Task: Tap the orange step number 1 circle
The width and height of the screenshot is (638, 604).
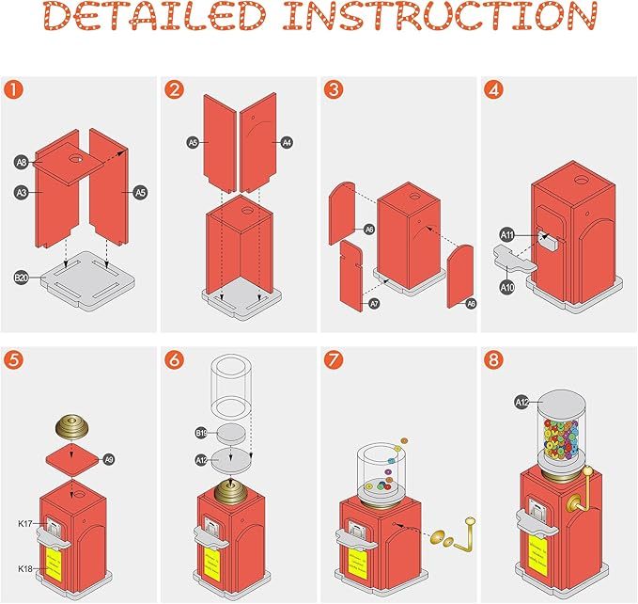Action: (x=14, y=91)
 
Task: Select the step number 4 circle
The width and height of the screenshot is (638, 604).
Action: (x=494, y=91)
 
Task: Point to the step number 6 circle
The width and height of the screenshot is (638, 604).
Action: (x=174, y=360)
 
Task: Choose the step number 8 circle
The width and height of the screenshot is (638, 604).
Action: (x=494, y=360)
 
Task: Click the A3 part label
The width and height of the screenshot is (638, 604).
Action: (x=21, y=191)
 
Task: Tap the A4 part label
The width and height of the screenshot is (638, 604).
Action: (x=288, y=142)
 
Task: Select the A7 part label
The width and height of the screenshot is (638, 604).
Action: (x=374, y=304)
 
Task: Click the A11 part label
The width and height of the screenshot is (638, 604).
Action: (x=507, y=235)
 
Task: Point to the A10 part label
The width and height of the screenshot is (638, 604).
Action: (x=507, y=286)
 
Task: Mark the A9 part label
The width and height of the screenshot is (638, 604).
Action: (x=108, y=459)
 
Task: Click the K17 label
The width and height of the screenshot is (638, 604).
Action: (x=25, y=523)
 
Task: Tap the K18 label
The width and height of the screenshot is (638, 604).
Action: (x=25, y=569)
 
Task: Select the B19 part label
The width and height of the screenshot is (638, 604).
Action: (x=201, y=433)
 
